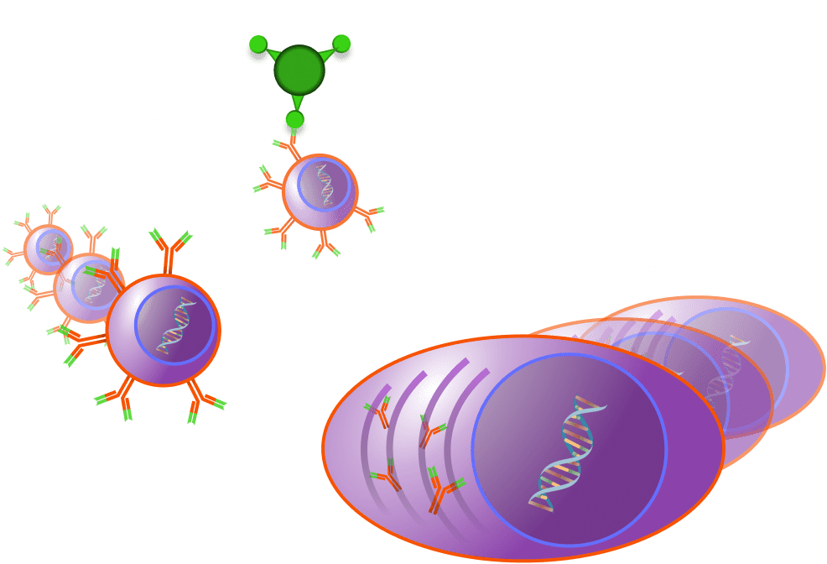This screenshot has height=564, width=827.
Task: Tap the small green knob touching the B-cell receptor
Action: tap(294, 121)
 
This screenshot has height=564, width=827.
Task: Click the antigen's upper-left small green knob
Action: tap(258, 43)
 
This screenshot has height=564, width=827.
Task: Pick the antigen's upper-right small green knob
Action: tap(341, 43)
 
